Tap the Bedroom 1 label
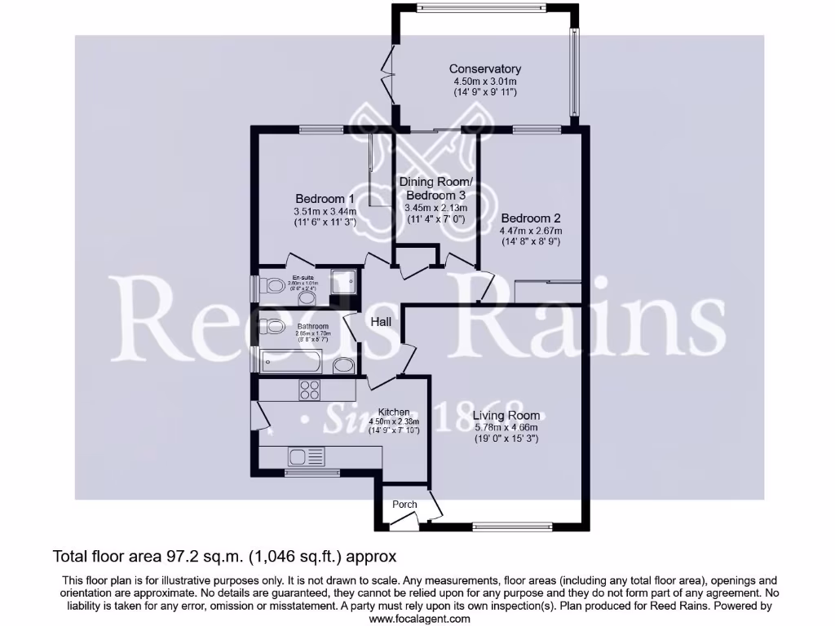tap(325, 199)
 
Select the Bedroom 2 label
tap(531, 218)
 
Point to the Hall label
tap(381, 322)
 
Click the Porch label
tap(404, 505)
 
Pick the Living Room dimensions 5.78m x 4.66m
tap(506, 428)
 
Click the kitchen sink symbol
tap(305, 456)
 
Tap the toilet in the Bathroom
tap(272, 328)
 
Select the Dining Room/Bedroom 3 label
tap(435, 188)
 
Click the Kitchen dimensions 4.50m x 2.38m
tap(394, 421)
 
